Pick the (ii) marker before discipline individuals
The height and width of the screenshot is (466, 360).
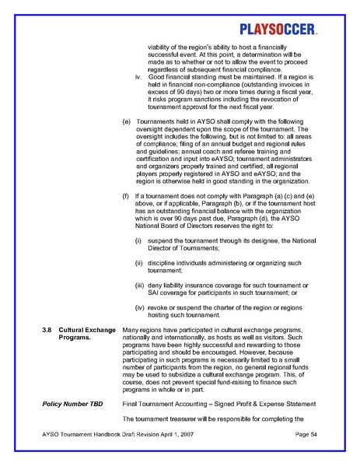(140, 263)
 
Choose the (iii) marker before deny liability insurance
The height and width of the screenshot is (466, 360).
(141, 286)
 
